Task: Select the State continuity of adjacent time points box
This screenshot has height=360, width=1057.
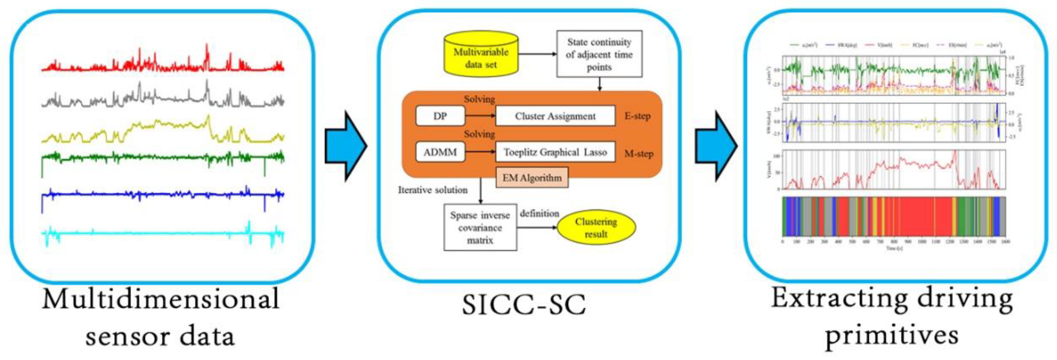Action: [599, 54]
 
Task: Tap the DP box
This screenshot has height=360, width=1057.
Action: [440, 116]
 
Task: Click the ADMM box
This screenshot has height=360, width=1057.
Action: [440, 152]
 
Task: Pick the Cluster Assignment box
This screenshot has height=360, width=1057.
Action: [555, 116]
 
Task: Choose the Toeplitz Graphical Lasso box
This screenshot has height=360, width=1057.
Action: [555, 152]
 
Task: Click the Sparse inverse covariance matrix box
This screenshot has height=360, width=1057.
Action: [480, 227]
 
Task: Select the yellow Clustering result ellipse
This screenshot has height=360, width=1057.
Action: [596, 227]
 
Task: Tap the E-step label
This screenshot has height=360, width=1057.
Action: [637, 116]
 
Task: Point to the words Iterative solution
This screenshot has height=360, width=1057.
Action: [432, 190]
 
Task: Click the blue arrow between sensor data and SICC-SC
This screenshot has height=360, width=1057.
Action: [345, 146]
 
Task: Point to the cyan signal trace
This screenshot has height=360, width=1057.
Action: [164, 234]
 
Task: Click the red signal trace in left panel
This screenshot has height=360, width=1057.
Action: [164, 66]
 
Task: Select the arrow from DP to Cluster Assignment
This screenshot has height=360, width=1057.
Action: [480, 116]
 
